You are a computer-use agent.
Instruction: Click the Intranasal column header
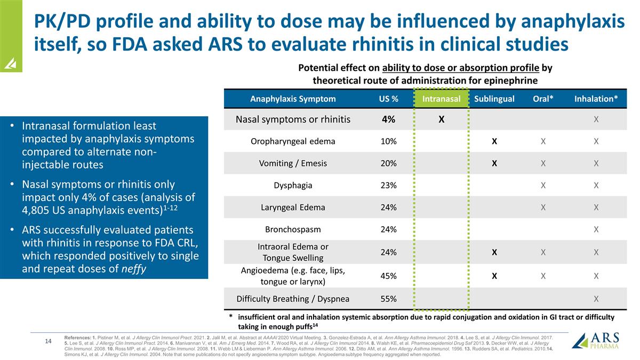click(441, 99)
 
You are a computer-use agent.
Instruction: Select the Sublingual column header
click(494, 99)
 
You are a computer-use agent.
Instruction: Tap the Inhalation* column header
click(596, 99)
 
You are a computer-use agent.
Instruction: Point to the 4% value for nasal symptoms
click(388, 119)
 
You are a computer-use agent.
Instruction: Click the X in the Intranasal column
click(441, 119)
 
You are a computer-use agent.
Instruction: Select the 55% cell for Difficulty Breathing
click(388, 299)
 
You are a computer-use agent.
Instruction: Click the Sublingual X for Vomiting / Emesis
click(494, 164)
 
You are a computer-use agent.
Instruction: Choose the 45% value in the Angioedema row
click(388, 276)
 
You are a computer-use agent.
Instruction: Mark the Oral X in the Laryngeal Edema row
click(542, 207)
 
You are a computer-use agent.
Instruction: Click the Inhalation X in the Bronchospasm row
click(596, 230)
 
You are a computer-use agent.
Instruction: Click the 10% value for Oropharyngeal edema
click(388, 141)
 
